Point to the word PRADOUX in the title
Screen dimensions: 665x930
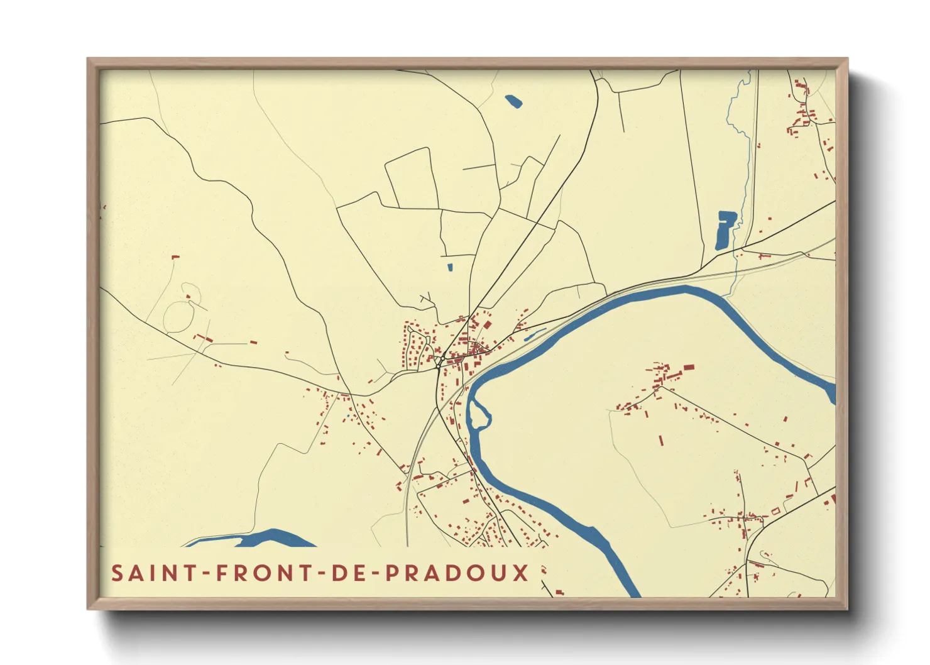457,573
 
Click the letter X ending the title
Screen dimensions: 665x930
520,573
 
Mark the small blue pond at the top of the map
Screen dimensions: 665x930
513,101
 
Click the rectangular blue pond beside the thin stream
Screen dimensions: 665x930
725,230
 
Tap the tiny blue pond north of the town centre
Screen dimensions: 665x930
450,267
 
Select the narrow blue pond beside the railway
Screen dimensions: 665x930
535,334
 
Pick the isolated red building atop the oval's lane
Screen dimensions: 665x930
176,256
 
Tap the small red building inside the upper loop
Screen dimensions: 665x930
188,297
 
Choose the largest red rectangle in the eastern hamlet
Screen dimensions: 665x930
689,366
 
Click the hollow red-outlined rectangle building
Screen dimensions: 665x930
775,511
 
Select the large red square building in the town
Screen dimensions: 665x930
487,325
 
